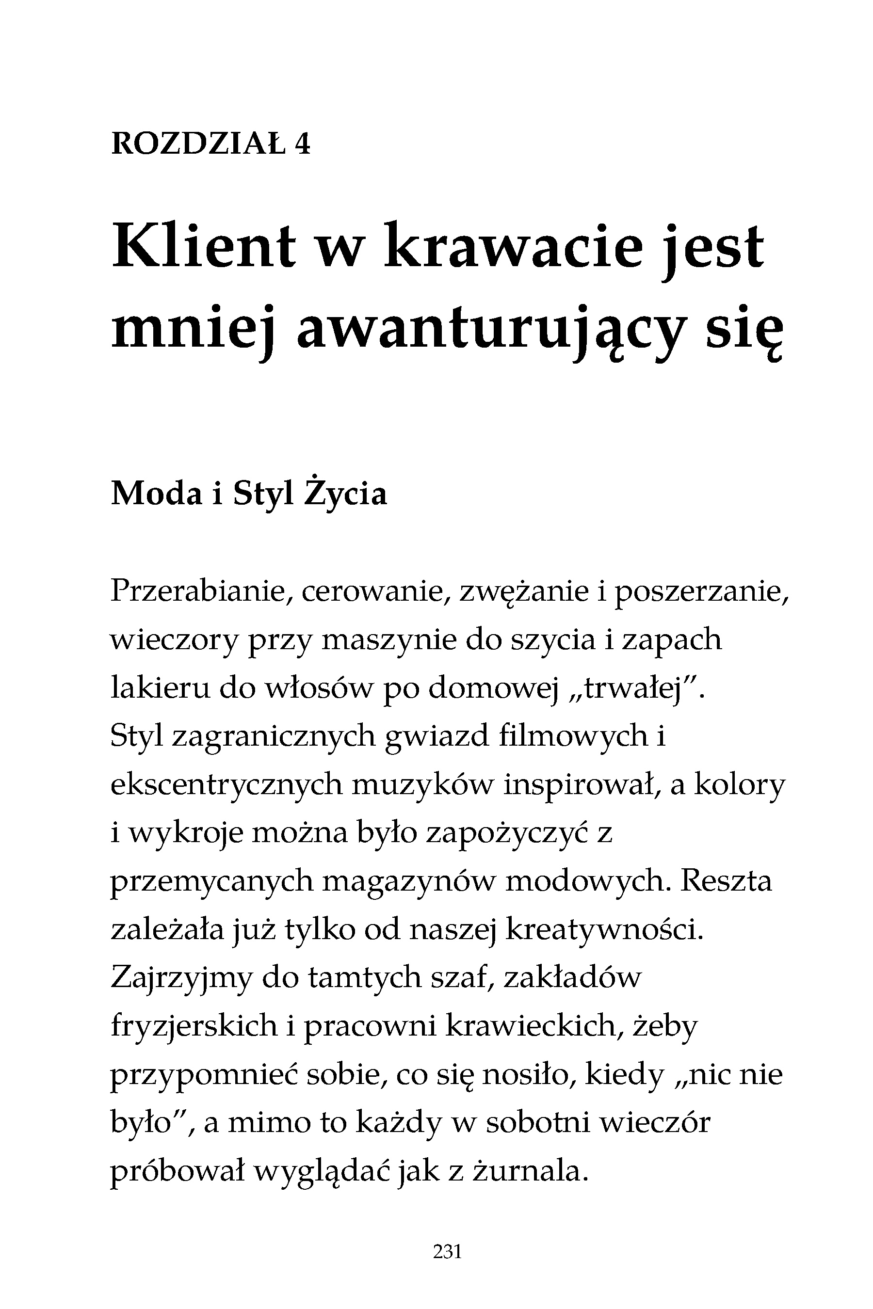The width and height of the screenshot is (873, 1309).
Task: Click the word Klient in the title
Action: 204,247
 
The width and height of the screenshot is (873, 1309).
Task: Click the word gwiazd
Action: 437,737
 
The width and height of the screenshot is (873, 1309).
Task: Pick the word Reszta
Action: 726,881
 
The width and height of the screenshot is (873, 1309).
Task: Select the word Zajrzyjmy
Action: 181,979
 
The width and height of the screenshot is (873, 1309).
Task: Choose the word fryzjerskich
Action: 194,1027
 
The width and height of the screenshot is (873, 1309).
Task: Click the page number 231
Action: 447,1252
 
